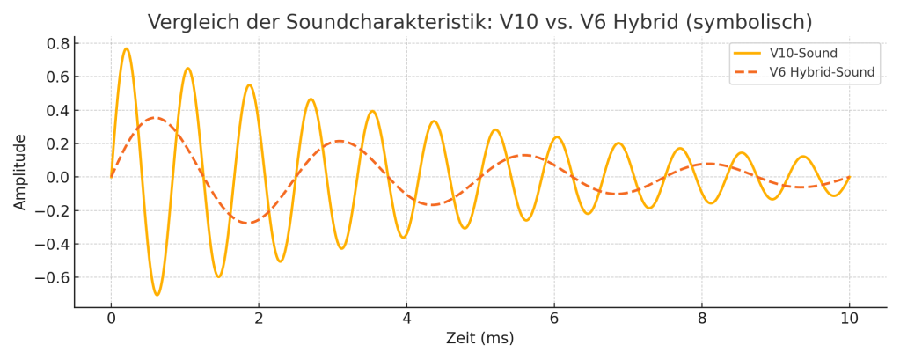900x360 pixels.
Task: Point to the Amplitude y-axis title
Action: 20,172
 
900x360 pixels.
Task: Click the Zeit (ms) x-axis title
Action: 479,338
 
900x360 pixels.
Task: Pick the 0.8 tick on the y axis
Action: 58,43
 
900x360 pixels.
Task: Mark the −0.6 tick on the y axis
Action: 55,277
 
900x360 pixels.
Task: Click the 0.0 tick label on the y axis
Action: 58,177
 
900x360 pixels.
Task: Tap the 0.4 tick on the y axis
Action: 58,110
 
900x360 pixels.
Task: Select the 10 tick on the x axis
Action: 849,319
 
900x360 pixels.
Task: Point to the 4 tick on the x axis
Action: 406,319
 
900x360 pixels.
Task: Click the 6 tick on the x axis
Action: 554,319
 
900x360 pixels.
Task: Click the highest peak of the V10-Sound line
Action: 126,48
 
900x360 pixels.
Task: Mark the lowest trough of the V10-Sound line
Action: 157,295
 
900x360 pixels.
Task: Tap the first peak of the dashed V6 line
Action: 156,117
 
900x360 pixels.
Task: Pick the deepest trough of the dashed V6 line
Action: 250,223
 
